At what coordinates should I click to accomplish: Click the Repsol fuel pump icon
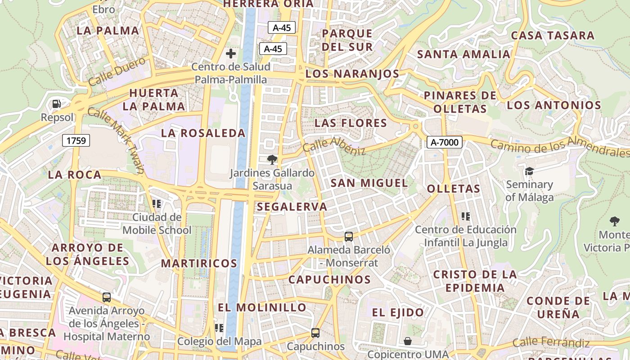[x=57, y=104]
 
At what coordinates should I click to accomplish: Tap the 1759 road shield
[x=76, y=140]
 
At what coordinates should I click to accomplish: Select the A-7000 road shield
[x=444, y=143]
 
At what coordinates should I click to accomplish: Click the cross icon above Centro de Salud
[x=231, y=54]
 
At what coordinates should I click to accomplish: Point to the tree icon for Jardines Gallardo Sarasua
[x=272, y=159]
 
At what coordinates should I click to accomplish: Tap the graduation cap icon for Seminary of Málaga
[x=529, y=171]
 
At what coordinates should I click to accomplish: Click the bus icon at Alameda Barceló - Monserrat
[x=348, y=236]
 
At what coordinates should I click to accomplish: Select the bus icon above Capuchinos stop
[x=315, y=333]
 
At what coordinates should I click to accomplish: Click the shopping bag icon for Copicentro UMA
[x=408, y=341]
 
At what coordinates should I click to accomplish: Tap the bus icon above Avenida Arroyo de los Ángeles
[x=107, y=297]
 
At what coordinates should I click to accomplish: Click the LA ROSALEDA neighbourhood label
[x=203, y=133]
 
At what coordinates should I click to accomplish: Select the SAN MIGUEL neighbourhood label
[x=369, y=183]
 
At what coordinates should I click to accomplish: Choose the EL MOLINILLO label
[x=262, y=308]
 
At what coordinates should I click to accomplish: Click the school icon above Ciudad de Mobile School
[x=157, y=204]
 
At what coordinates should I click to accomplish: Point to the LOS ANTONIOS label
[x=554, y=105]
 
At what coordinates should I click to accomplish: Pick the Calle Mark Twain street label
[x=116, y=140]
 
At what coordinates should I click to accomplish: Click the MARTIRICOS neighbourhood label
[x=199, y=263]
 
